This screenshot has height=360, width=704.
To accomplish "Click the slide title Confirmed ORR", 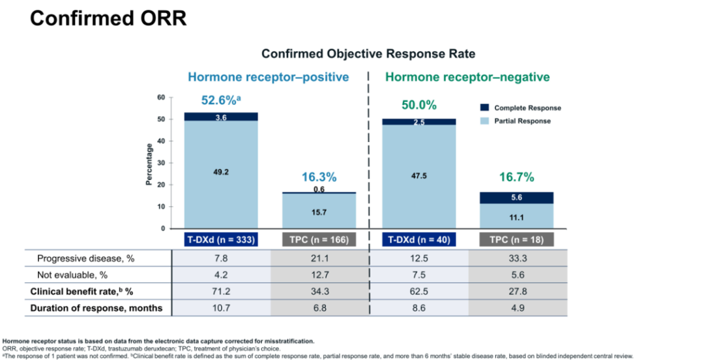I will tap(108, 18).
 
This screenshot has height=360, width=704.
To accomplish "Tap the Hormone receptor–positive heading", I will tap(269, 77).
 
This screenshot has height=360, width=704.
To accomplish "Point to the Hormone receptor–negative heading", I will tap(467, 77).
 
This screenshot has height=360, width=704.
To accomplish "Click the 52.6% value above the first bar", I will tap(221, 101).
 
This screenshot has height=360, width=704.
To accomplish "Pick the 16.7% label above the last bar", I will tap(516, 177).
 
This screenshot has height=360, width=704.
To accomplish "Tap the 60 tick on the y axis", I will tap(160, 97).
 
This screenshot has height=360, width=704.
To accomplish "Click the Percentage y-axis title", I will tap(149, 164).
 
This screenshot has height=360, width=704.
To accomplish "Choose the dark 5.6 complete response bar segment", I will tap(516, 198).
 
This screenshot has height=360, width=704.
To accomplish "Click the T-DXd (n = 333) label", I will tap(221, 239).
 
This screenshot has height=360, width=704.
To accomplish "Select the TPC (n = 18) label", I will tap(516, 239).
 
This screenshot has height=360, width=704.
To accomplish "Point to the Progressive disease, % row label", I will tap(85, 258).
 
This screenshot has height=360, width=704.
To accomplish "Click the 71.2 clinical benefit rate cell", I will tap(221, 291).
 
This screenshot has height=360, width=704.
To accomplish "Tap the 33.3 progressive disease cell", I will tap(516, 258).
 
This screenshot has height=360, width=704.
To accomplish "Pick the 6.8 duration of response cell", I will tap(319, 308).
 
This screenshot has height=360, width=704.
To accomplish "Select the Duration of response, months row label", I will tap(96, 308).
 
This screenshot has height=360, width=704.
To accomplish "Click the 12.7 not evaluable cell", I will tap(319, 275).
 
